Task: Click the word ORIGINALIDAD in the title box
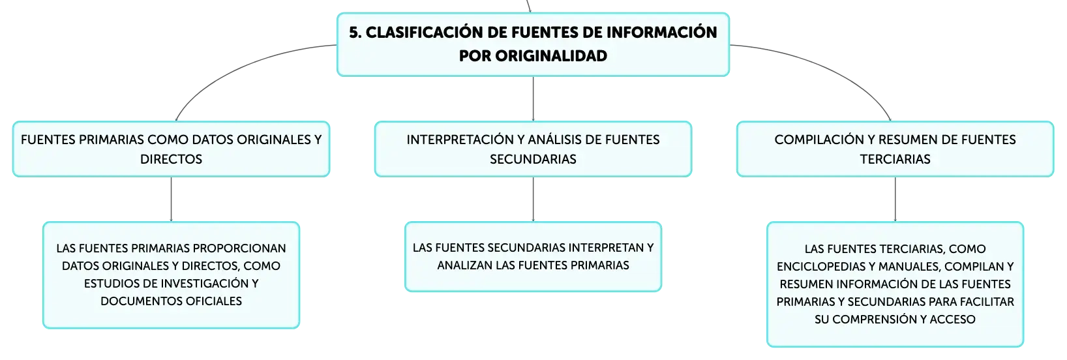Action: pos(551,55)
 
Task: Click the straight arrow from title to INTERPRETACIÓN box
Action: pos(533,99)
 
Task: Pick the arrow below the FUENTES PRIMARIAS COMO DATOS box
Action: pos(171,200)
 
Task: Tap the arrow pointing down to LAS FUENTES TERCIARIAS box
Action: pos(895,200)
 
